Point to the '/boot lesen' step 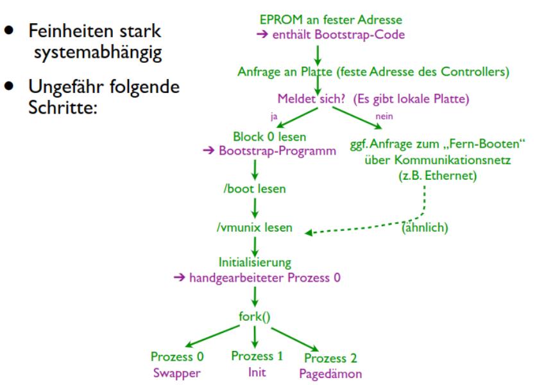255,190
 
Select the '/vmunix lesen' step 255,228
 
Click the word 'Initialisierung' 255,262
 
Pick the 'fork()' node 255,315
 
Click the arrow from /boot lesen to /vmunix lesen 255,209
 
